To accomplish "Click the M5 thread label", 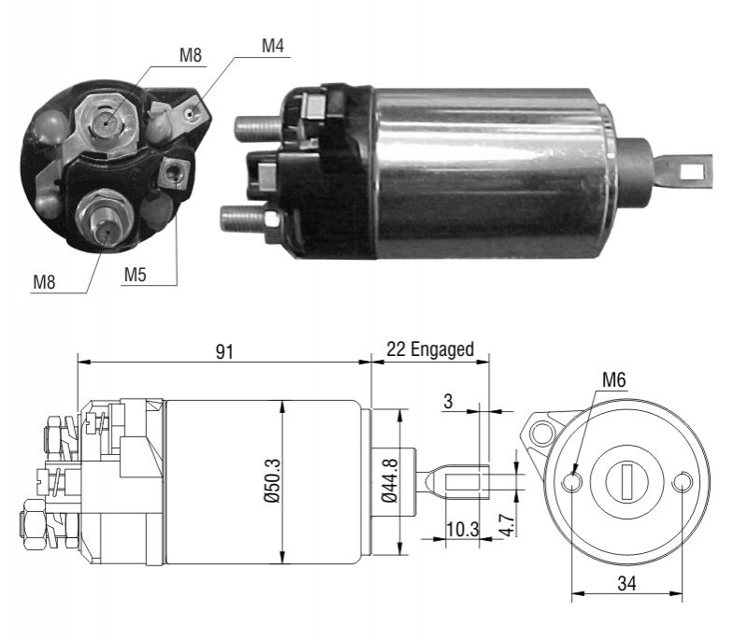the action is pyautogui.click(x=135, y=275).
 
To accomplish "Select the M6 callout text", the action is pyautogui.click(x=613, y=379).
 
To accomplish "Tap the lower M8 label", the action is pyautogui.click(x=44, y=282).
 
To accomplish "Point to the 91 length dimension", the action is pyautogui.click(x=224, y=351).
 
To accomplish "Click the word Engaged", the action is pyautogui.click(x=441, y=349).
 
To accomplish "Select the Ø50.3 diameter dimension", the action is pyautogui.click(x=273, y=480).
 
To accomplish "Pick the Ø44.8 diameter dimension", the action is pyautogui.click(x=389, y=480).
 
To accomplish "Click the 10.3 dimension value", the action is pyautogui.click(x=462, y=529).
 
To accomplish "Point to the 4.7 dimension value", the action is pyautogui.click(x=507, y=525).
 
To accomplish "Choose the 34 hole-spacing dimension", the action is pyautogui.click(x=626, y=583).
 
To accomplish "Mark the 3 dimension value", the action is pyautogui.click(x=449, y=401).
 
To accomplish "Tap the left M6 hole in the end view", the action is pyautogui.click(x=572, y=482).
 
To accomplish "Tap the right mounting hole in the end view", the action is pyautogui.click(x=683, y=482).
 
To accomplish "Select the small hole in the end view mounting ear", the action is pyautogui.click(x=542, y=432).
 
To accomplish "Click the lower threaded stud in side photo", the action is pyautogui.click(x=244, y=219).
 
